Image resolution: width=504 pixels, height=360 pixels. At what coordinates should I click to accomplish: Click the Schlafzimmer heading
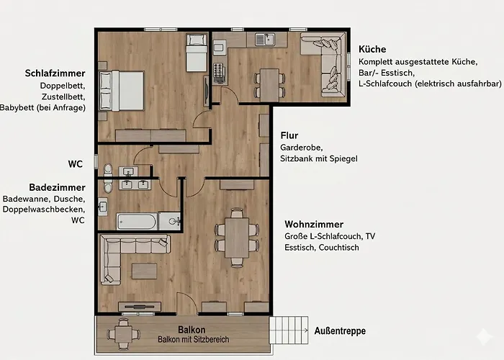55,73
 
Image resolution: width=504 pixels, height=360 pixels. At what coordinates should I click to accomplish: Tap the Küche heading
372,49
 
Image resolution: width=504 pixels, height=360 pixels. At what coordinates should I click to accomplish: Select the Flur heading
289,135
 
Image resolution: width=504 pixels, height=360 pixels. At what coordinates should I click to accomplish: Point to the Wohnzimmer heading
314,224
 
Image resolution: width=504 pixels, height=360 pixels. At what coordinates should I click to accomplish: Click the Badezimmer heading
57,187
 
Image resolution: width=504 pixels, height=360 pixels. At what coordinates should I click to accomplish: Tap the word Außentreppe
340,330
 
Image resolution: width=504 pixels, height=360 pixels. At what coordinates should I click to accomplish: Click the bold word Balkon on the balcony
192,330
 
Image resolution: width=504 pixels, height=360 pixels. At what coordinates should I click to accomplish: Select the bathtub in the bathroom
137,222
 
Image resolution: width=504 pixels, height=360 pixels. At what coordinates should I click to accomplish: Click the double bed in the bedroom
122,91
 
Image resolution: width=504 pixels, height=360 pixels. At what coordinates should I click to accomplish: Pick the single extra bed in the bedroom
197,53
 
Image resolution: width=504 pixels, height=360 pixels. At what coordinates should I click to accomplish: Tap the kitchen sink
265,40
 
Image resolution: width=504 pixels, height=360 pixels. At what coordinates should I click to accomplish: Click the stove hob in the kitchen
219,71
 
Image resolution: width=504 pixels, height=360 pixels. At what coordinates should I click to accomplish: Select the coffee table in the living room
144,271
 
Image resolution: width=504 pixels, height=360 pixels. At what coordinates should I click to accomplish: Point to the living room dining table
237,238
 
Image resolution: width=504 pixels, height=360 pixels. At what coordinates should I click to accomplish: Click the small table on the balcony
123,334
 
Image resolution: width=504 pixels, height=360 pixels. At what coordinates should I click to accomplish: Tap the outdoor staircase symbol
289,330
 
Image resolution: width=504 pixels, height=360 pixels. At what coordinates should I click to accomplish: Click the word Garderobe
301,148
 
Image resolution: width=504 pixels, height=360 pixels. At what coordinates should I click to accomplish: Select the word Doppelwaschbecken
44,210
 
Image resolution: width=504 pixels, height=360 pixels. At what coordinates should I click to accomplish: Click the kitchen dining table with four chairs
269,85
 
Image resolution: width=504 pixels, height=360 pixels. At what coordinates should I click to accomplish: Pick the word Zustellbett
63,96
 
